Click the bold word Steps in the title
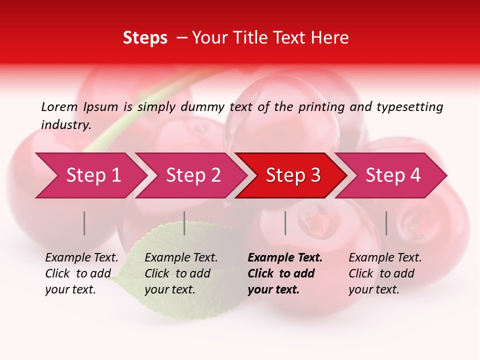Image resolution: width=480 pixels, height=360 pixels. [145, 38]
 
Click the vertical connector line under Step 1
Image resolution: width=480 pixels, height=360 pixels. [84, 223]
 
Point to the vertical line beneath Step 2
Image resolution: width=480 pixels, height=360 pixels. [184, 223]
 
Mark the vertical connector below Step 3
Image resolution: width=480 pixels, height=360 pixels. [285, 223]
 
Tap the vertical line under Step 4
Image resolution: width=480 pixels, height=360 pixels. [386, 223]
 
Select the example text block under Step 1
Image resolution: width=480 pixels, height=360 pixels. [81, 273]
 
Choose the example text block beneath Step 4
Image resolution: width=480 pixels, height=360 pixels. [385, 273]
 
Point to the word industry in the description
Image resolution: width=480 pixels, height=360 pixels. [66, 125]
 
